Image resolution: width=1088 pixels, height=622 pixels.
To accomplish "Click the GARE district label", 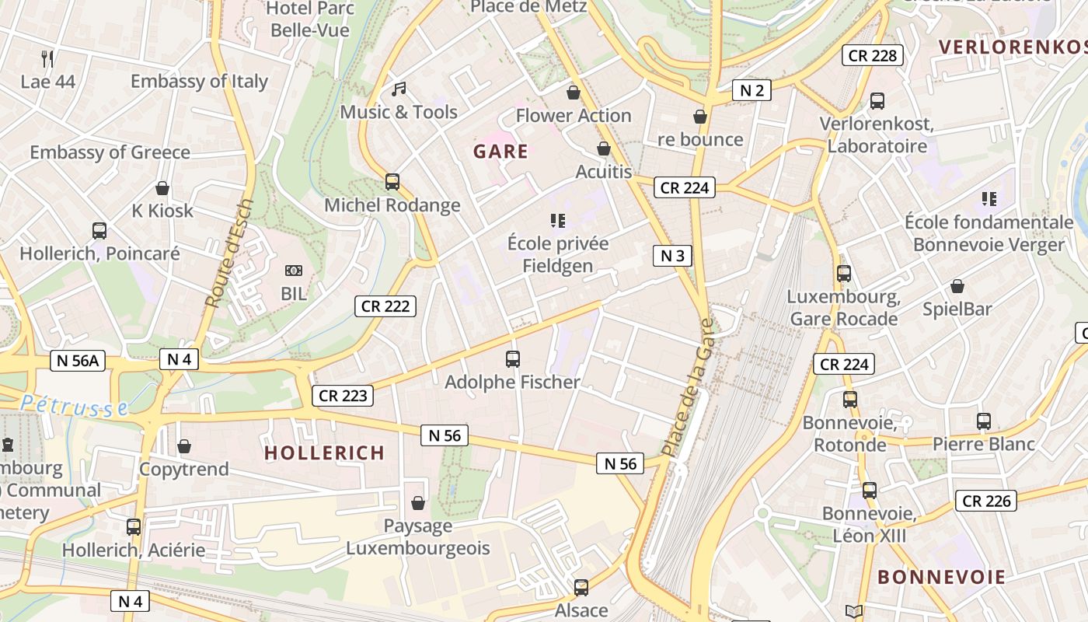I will [x=500, y=152].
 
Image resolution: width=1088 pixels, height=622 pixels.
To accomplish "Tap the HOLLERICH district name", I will [x=324, y=453].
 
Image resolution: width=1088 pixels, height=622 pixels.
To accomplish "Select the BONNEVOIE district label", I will [x=941, y=577].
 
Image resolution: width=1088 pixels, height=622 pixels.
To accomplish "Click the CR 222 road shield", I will [x=385, y=306].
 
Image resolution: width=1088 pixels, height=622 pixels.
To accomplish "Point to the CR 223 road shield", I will [x=343, y=396].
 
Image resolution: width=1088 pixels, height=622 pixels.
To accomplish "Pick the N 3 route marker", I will [x=671, y=256].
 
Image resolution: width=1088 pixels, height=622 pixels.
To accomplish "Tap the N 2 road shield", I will [x=751, y=90].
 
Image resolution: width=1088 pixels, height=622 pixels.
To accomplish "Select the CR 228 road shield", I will [x=872, y=55].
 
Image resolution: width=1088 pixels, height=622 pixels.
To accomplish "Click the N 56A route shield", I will [x=78, y=360].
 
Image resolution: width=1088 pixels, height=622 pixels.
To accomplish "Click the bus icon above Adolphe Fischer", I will [x=513, y=358].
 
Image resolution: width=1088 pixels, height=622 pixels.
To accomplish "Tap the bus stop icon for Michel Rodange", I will [x=392, y=182].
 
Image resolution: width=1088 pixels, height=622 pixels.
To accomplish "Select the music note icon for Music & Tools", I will [x=399, y=89].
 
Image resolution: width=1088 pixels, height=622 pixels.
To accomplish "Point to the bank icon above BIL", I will [x=294, y=271].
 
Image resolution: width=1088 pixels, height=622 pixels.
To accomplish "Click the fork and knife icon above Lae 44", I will [x=47, y=58].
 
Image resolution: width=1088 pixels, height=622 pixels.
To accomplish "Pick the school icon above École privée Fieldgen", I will [x=557, y=221].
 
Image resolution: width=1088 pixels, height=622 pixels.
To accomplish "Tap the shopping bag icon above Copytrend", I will [x=184, y=446].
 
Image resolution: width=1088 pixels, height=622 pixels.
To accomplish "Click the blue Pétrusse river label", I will [x=74, y=405].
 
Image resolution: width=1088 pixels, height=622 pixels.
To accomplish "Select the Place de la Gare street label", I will [x=687, y=387].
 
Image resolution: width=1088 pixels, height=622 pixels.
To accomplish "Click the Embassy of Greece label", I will [x=110, y=152].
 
